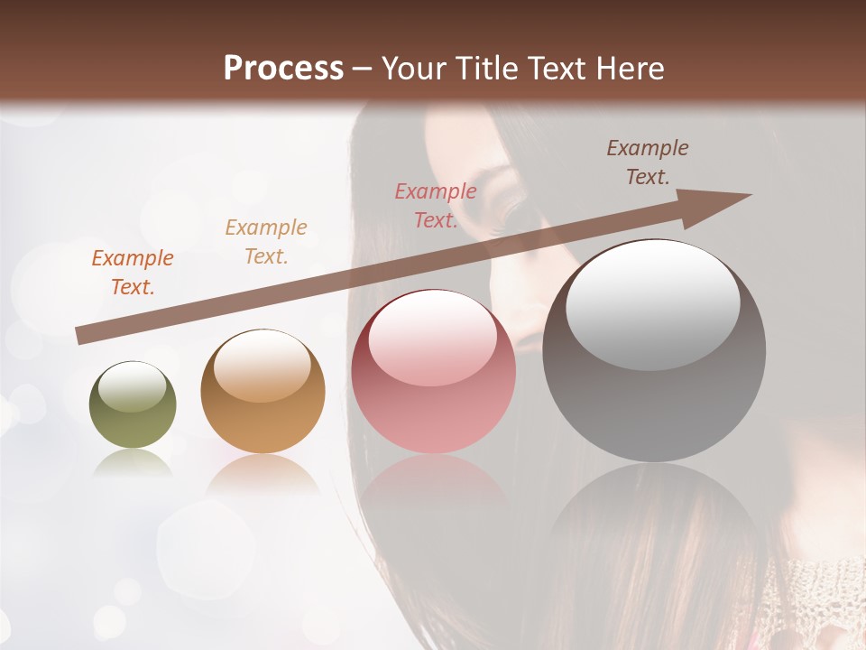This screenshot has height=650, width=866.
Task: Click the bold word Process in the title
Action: coord(283,69)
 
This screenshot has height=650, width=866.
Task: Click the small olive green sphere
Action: coord(133,406)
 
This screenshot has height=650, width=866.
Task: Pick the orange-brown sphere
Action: coord(263,393)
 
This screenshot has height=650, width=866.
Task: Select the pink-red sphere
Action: coord(433,372)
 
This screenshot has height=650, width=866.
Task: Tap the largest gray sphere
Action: coord(654,352)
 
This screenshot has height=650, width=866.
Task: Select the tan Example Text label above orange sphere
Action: coord(266,242)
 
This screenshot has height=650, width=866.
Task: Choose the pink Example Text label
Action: coord(436,206)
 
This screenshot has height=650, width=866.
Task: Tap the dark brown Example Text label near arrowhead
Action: coord(648,162)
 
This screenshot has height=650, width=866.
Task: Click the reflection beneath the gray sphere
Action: coord(654,515)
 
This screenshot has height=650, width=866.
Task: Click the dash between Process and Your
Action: coord(363,70)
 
